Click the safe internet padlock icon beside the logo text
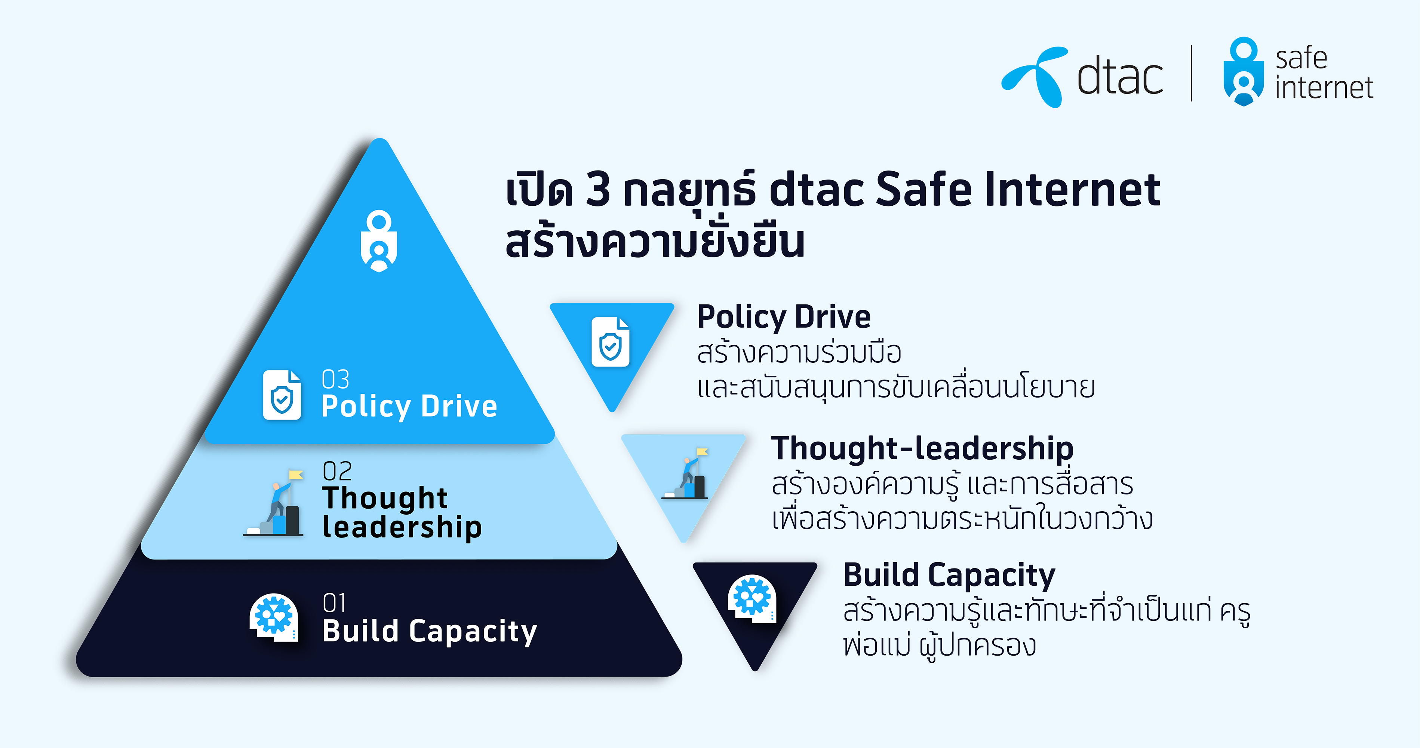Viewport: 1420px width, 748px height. click(1244, 71)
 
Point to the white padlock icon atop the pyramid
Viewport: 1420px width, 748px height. click(379, 241)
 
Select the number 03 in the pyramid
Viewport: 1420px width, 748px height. click(335, 379)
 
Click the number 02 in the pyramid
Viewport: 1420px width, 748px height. click(337, 471)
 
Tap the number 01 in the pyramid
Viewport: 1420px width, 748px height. click(334, 603)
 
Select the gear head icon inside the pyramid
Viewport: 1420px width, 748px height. click(274, 617)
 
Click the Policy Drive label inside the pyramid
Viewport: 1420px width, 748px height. click(409, 407)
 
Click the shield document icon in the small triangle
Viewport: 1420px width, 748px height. click(610, 342)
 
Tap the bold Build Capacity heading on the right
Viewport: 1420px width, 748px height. click(949, 576)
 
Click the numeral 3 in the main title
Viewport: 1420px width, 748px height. click(598, 189)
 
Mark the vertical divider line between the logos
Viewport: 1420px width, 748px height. click(1192, 73)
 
